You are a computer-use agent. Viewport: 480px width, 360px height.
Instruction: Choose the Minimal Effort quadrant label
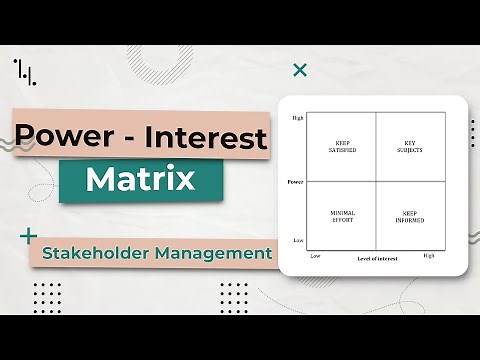341,215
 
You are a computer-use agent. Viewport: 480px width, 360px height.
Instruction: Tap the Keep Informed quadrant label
408,215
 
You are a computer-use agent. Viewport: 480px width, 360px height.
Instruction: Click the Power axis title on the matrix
295,182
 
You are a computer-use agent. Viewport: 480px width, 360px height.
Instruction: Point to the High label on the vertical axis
297,118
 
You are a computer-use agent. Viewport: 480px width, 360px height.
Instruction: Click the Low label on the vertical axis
298,241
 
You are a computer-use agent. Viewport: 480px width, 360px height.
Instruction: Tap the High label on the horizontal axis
429,255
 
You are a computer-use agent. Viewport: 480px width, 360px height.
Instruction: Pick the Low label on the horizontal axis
315,255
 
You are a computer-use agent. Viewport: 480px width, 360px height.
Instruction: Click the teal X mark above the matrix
299,70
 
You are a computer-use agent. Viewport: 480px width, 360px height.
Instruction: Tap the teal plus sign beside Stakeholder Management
25,237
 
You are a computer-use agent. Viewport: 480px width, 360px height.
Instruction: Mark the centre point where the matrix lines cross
374,182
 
